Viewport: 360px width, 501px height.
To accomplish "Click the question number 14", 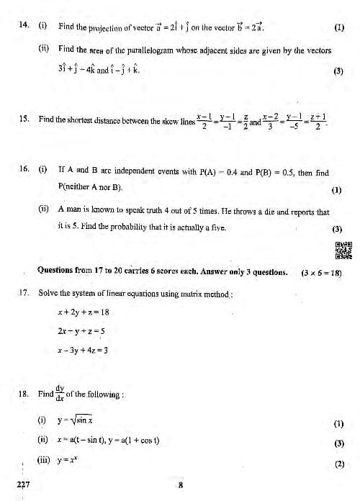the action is pyautogui.click(x=23, y=26).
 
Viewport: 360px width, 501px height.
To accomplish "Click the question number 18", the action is pyautogui.click(x=23, y=394).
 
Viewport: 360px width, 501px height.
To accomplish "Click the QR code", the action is pyautogui.click(x=343, y=250).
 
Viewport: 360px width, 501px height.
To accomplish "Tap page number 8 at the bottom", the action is pyautogui.click(x=181, y=485).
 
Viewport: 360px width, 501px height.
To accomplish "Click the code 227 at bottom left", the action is pyautogui.click(x=23, y=485).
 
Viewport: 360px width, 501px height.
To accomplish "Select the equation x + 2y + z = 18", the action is pyautogui.click(x=83, y=312).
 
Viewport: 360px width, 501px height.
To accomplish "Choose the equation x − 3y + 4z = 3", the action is pyautogui.click(x=83, y=351).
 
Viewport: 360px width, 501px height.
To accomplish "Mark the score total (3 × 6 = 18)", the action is pyautogui.click(x=321, y=273).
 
